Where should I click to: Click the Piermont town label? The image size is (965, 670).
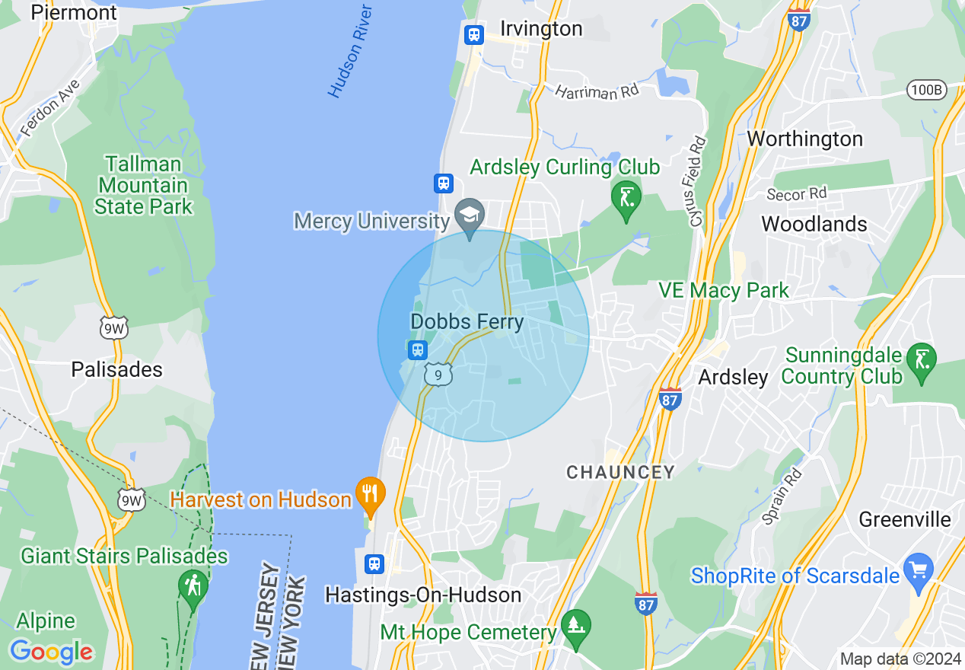click(x=74, y=12)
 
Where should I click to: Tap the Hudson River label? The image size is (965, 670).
click(x=350, y=52)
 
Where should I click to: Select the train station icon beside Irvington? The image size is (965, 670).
click(x=474, y=34)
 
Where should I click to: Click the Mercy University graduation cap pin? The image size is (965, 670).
click(x=470, y=214)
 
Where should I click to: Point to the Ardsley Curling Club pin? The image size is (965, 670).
click(x=626, y=199)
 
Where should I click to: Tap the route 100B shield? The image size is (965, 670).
click(x=926, y=90)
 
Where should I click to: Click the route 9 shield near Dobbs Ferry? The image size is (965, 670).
click(x=438, y=375)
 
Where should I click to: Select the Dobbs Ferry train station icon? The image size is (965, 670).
click(x=417, y=350)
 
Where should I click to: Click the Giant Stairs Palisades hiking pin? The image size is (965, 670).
click(x=193, y=587)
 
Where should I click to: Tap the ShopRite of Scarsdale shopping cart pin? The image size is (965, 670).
click(x=919, y=571)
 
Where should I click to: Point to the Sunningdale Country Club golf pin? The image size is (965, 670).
click(x=924, y=359)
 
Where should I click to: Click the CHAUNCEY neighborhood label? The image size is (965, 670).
click(x=620, y=472)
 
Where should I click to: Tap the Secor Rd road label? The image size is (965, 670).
click(x=796, y=195)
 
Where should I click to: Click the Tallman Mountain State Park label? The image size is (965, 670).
click(x=144, y=185)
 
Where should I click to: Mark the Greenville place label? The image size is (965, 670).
click(x=905, y=519)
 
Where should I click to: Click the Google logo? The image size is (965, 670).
click(x=51, y=652)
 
